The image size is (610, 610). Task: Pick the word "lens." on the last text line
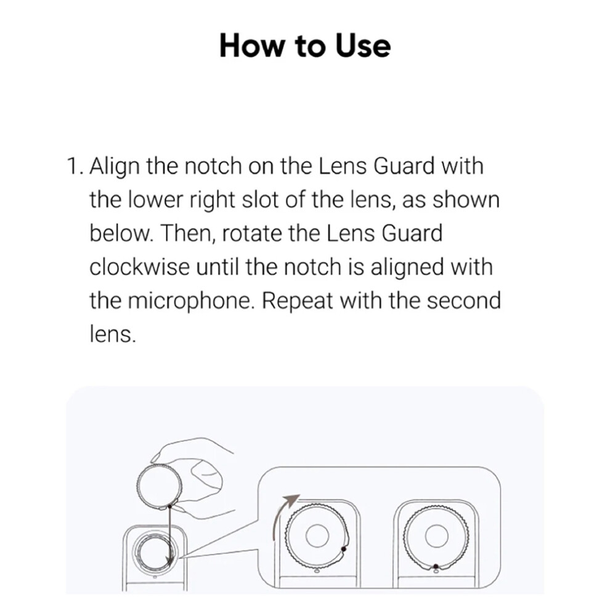point(113,335)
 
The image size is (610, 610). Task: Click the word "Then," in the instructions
point(187,234)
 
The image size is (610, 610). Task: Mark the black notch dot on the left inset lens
point(343,550)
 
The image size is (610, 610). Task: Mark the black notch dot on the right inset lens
point(436,566)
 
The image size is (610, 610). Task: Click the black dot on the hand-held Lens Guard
point(169,506)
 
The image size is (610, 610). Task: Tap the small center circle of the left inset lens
point(317,535)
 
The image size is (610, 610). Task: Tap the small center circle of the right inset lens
point(437,535)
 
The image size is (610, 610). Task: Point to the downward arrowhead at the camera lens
point(169,561)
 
